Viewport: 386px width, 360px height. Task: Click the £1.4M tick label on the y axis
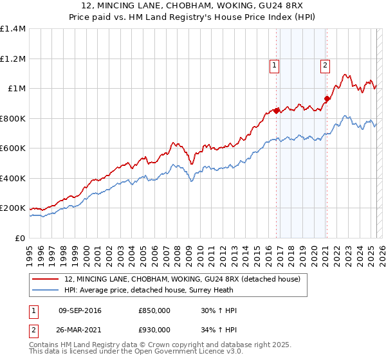[13, 29]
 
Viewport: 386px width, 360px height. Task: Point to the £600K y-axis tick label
[13, 148]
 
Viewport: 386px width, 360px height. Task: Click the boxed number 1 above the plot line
[275, 64]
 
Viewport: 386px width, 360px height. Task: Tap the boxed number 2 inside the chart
[326, 64]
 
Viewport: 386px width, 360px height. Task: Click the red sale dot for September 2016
[277, 111]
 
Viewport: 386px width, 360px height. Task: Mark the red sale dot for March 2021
[327, 99]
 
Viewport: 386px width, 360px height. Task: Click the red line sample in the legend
[46, 279]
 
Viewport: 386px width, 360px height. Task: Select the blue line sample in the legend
[46, 291]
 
